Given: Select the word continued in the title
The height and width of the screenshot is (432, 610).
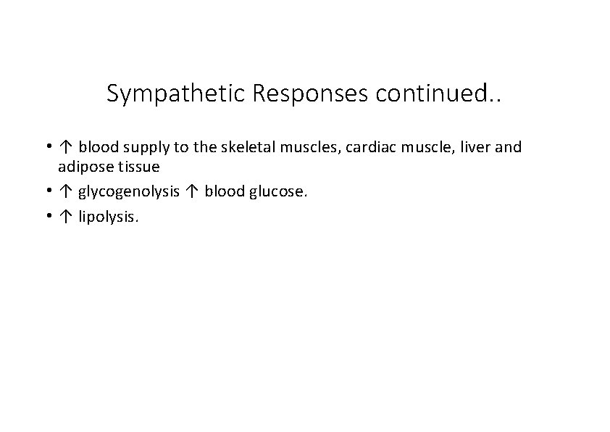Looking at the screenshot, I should point(431,94).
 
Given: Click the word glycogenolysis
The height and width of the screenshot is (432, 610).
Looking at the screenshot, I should point(130,192).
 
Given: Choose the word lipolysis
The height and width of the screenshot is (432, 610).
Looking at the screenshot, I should point(108,216).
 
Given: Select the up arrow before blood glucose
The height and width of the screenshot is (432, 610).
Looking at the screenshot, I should point(192,191).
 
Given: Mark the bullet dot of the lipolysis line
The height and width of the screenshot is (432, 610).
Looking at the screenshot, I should point(46,215).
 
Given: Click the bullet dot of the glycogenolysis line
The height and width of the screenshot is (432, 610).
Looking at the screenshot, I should point(46,191).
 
